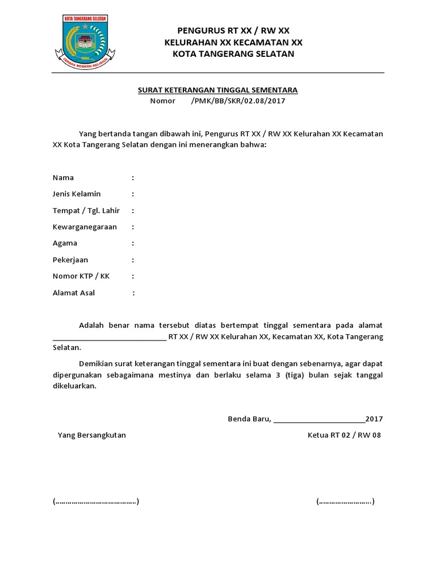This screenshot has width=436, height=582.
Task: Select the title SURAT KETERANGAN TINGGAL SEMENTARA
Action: [218, 90]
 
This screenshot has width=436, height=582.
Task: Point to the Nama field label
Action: [63, 177]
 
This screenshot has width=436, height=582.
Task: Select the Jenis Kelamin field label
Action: [77, 194]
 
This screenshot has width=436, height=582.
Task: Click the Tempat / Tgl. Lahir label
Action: [86, 210]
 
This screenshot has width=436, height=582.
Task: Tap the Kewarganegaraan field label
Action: [85, 227]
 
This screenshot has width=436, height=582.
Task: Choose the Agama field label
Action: [65, 243]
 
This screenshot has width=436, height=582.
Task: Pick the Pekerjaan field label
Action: [70, 260]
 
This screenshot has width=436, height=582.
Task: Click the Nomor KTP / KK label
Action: [81, 276]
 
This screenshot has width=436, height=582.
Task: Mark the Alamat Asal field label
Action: [74, 293]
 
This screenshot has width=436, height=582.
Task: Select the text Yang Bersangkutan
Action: [92, 435]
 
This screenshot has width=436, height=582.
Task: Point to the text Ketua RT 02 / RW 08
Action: [345, 435]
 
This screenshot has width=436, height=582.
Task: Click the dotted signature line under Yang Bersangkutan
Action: [95, 501]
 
